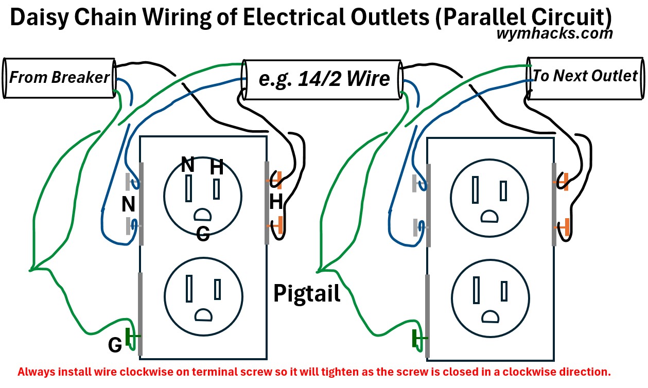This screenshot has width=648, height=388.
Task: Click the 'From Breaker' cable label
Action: point(59,78)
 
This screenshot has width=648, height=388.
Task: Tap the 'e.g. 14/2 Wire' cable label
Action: point(324,79)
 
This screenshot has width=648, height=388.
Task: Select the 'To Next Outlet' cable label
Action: point(585,76)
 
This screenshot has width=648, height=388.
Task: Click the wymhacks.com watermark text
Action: point(555,33)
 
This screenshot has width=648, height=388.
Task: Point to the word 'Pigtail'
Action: point(307,293)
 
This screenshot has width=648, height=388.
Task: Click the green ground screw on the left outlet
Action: point(133,337)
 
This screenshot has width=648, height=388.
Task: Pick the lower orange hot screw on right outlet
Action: point(564,226)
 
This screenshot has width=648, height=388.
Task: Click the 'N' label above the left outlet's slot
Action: point(188,165)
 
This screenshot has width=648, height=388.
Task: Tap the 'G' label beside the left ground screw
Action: point(115,345)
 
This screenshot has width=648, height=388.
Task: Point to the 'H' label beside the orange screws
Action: point(276,203)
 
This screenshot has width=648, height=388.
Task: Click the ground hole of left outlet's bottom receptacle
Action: point(202,314)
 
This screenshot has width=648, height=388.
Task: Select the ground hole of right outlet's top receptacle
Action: point(488,216)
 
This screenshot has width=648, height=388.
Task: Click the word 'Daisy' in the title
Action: point(39,17)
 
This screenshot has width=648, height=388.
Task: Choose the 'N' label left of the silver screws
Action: point(128,205)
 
